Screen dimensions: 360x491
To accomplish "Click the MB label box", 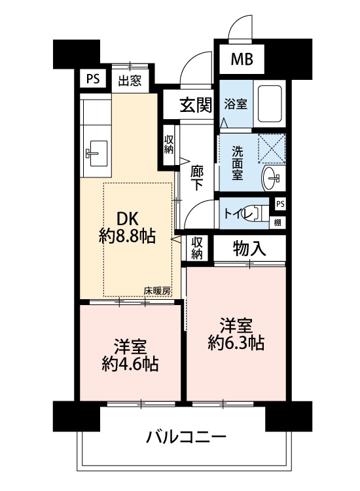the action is pos(242,59).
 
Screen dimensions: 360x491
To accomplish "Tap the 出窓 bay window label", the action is pos(130,81).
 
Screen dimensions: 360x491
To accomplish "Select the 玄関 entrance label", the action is pos(196,105).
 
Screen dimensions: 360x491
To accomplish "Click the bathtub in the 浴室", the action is pos(269,103).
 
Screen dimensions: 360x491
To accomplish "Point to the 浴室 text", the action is pos(236,104).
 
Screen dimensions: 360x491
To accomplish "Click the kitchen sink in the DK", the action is pos(97,153).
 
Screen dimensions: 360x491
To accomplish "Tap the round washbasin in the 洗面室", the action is pos(271,179).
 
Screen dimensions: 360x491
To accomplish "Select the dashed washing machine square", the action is pos(272,149).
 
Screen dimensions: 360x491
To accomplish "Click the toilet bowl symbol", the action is pos(259,213).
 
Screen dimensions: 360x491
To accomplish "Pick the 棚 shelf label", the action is pos(278,223).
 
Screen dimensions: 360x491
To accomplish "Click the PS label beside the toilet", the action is pos(281,204).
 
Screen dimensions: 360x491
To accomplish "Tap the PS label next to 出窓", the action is pos(93,79).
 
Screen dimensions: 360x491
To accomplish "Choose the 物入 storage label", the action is pos(249,249).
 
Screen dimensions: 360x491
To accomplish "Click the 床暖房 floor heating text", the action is pos(158,291).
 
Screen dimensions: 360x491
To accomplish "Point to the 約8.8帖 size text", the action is pos(127,236).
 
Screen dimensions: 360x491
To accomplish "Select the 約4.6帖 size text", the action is pos(130,364).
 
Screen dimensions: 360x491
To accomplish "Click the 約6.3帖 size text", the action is pos(236,343).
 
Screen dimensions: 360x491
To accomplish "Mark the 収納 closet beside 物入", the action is pos(196,247).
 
